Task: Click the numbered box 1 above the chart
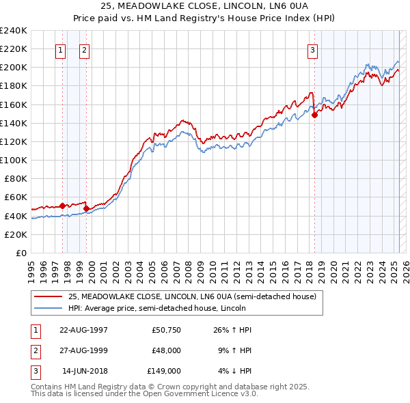click(60, 49)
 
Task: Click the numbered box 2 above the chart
click(84, 49)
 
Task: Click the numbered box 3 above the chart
click(312, 49)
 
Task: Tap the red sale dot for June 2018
click(315, 115)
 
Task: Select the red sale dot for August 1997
click(62, 206)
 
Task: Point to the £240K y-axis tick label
click(13, 31)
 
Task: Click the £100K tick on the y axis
click(13, 160)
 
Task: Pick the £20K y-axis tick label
click(15, 234)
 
